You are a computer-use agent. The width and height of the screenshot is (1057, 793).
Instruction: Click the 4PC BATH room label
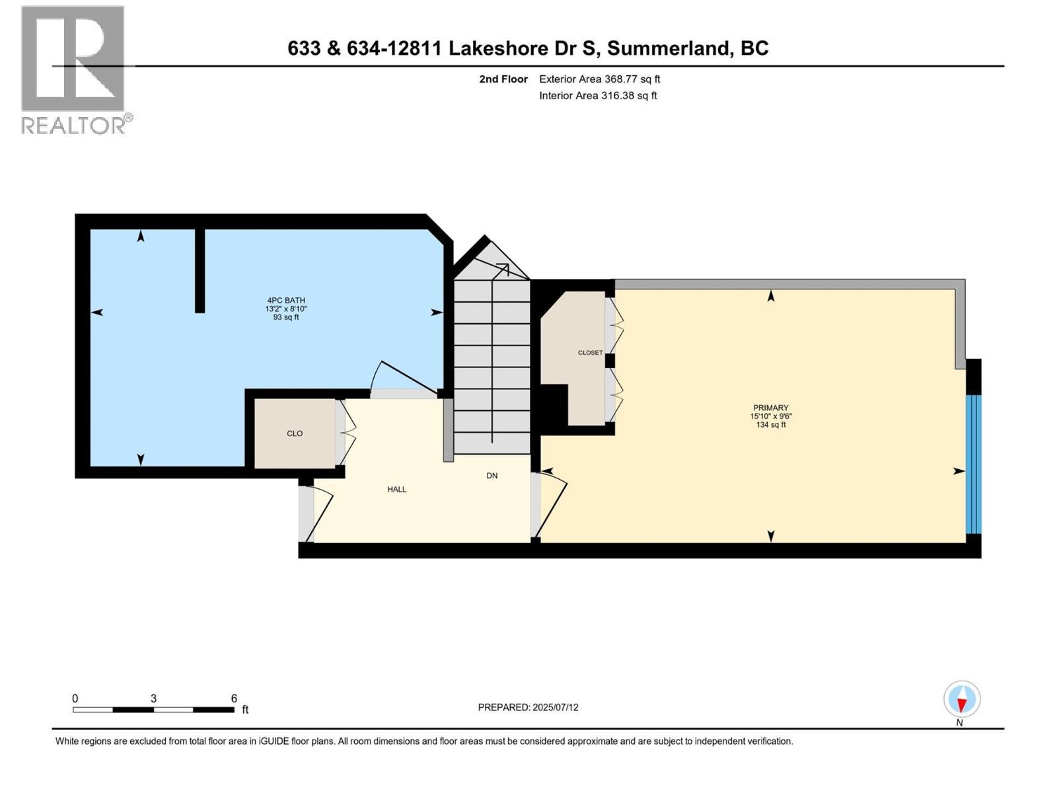click(285, 300)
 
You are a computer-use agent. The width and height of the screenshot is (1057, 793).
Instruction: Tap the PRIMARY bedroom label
click(770, 408)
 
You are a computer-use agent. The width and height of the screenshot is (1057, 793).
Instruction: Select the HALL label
click(396, 490)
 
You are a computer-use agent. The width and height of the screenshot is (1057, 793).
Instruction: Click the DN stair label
click(492, 476)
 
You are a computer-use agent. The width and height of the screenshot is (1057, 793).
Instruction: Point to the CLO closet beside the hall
click(295, 434)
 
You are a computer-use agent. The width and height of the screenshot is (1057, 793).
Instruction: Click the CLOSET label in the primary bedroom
click(590, 353)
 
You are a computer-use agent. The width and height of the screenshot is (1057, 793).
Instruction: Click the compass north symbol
click(962, 700)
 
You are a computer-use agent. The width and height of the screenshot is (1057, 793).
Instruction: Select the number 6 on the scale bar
click(234, 699)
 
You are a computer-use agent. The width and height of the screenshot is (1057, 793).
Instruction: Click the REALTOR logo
click(74, 69)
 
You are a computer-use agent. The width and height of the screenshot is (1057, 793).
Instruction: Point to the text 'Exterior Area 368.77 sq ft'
click(599, 79)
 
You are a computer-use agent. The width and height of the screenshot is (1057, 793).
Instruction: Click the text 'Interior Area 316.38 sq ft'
click(598, 96)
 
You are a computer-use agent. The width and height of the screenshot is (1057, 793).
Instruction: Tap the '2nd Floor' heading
click(503, 79)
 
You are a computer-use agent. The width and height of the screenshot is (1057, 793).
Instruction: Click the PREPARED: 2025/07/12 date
click(528, 707)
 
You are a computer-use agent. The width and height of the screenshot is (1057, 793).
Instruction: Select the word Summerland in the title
click(669, 48)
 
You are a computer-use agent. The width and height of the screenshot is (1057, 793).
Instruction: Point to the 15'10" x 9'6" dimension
click(770, 416)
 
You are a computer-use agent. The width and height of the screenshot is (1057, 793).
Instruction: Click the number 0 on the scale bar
click(75, 699)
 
